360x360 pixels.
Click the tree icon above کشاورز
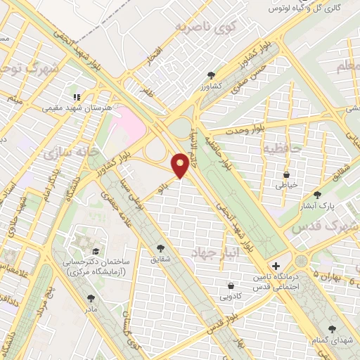[211, 75]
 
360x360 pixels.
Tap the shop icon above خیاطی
[287, 174]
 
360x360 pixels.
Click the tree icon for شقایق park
[161, 248]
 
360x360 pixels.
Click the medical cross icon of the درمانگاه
[276, 266]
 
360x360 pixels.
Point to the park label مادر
[91, 308]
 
